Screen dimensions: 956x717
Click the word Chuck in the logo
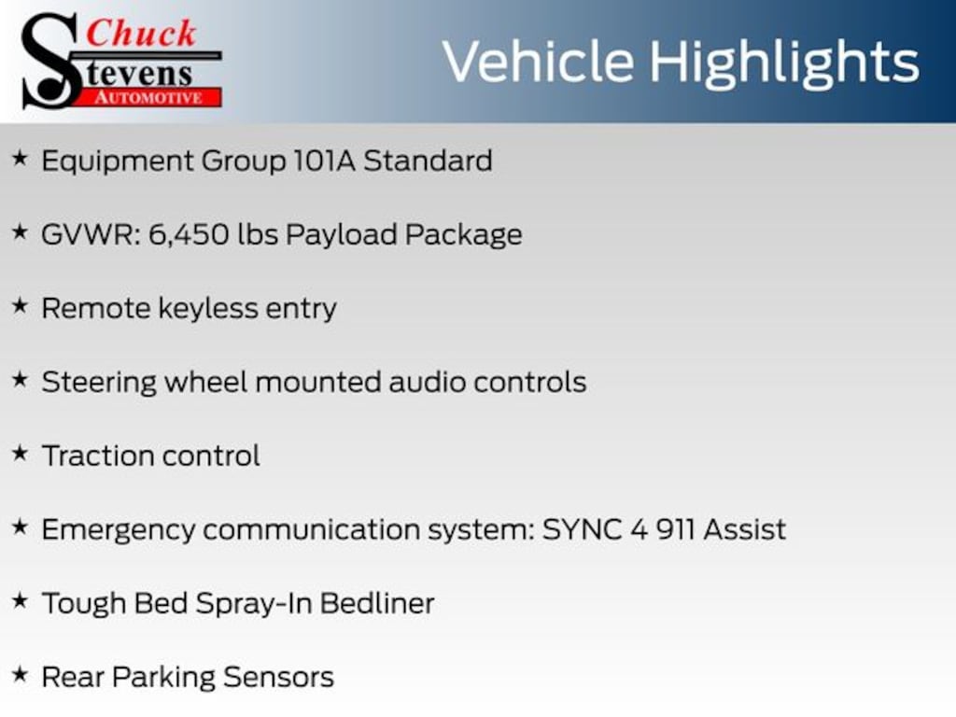[x=141, y=34]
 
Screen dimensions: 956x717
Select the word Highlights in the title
[x=784, y=63]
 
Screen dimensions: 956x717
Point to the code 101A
[x=324, y=161]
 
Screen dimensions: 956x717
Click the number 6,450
[x=189, y=235]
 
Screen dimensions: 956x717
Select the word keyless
[x=208, y=308]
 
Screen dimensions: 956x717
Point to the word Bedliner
[x=377, y=604]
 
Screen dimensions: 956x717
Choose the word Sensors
[x=278, y=678]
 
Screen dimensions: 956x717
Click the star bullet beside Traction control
[x=21, y=454]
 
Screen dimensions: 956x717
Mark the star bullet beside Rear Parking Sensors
[x=21, y=674]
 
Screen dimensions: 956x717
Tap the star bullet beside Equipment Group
[x=21, y=159]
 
